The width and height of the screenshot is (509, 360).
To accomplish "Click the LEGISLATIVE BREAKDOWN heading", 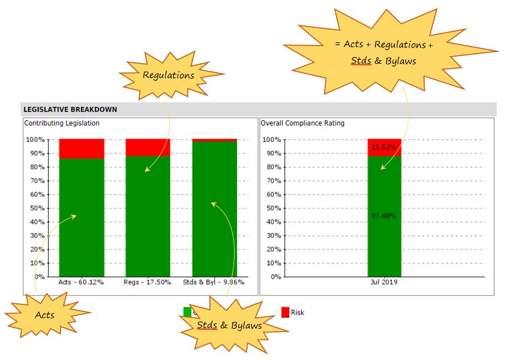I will tap(70, 109).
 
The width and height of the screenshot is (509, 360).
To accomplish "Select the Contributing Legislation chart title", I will tap(62, 123).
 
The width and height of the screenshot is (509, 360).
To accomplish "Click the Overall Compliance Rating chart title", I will tap(303, 123).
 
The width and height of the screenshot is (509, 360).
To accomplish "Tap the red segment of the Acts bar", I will tap(82, 148).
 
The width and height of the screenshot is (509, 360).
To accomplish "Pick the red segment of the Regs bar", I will tap(148, 147).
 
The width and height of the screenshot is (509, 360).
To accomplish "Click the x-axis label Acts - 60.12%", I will tap(81, 282).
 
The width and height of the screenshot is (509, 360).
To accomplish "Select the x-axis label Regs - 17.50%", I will tap(148, 282).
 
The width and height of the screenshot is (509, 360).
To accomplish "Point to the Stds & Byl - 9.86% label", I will tap(214, 282).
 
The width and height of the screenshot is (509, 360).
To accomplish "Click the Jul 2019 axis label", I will tap(384, 282).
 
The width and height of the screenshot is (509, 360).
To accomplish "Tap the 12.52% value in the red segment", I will tap(384, 147).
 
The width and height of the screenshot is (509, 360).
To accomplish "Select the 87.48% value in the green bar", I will tap(384, 216).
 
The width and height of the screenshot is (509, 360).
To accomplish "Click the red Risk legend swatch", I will tap(285, 312).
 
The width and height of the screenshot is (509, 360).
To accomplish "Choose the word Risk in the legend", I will tap(298, 312).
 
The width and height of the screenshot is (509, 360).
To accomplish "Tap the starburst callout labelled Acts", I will tap(46, 315).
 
